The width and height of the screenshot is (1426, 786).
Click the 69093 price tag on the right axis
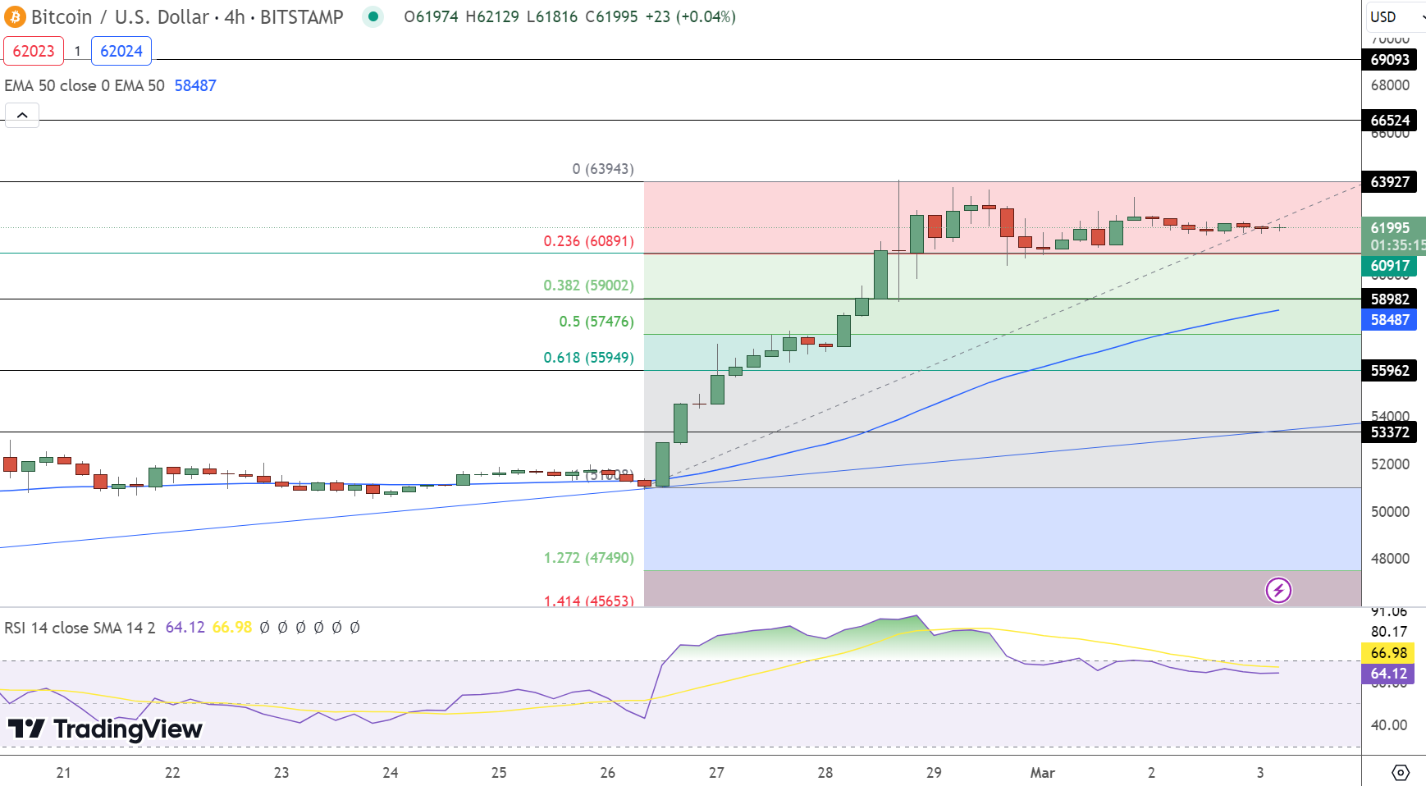1389,59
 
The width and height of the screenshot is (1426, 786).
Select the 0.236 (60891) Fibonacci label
588,241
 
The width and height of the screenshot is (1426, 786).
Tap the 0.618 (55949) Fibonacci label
588,358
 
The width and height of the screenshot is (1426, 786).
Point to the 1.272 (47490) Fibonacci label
588,558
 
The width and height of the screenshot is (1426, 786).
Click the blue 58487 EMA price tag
1389,320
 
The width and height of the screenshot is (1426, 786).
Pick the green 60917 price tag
1389,266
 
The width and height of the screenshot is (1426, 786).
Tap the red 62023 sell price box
34,51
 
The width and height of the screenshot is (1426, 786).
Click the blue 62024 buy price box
121,51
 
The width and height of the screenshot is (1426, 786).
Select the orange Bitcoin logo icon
15,16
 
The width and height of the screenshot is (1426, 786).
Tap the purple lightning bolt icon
1278,590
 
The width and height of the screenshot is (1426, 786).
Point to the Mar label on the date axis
1042,773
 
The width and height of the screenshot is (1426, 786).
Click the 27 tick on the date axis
716,773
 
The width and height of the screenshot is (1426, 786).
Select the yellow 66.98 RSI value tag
1389,653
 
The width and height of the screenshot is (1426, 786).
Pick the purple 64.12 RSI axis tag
1389,674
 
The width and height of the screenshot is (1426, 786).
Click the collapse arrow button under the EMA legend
22,115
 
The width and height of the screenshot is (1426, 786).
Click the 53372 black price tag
1389,432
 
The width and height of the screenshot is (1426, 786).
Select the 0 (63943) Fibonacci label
603,169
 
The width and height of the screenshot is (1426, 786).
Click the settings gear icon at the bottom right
1401,773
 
